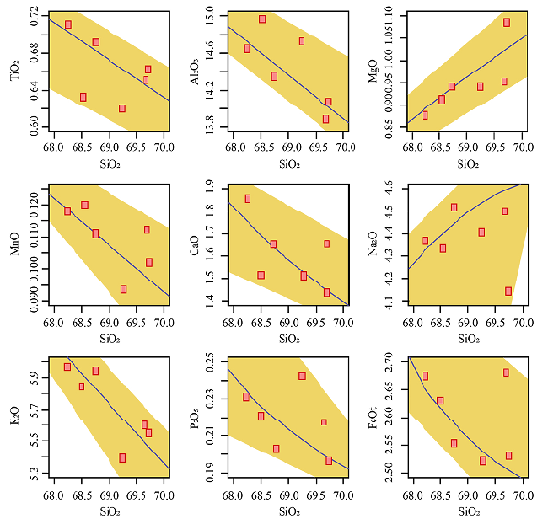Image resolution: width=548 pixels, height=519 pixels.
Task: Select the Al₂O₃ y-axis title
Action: (x=195, y=72)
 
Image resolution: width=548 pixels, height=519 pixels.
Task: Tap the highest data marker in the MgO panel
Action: (x=507, y=23)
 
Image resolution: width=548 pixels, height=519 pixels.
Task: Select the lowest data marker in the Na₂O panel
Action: (x=508, y=292)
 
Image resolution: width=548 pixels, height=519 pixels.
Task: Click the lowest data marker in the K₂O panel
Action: (x=122, y=457)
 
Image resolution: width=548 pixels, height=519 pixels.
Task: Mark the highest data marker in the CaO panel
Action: (x=247, y=199)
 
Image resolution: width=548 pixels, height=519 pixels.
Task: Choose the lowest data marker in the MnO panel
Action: (x=123, y=289)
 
